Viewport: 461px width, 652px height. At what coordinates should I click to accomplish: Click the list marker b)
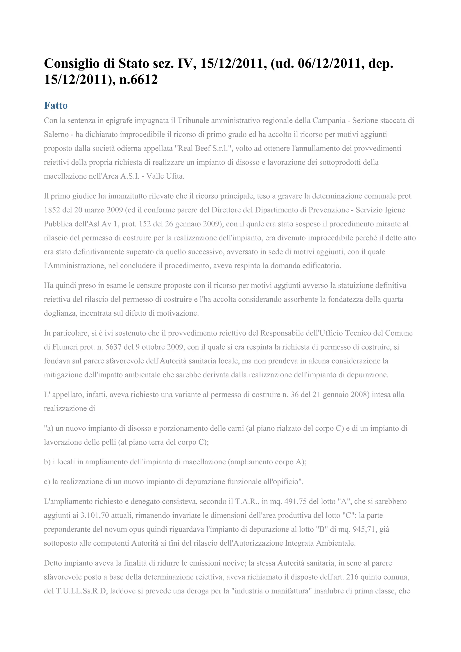point(47,462)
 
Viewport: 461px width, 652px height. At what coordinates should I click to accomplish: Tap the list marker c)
point(47,482)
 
